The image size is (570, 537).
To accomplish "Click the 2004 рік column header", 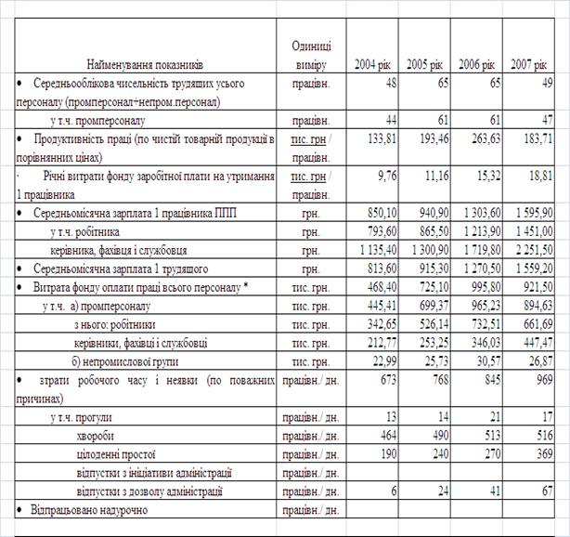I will click(x=372, y=65).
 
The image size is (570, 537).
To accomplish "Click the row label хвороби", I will click(x=99, y=436).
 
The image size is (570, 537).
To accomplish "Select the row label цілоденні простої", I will click(x=116, y=454).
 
